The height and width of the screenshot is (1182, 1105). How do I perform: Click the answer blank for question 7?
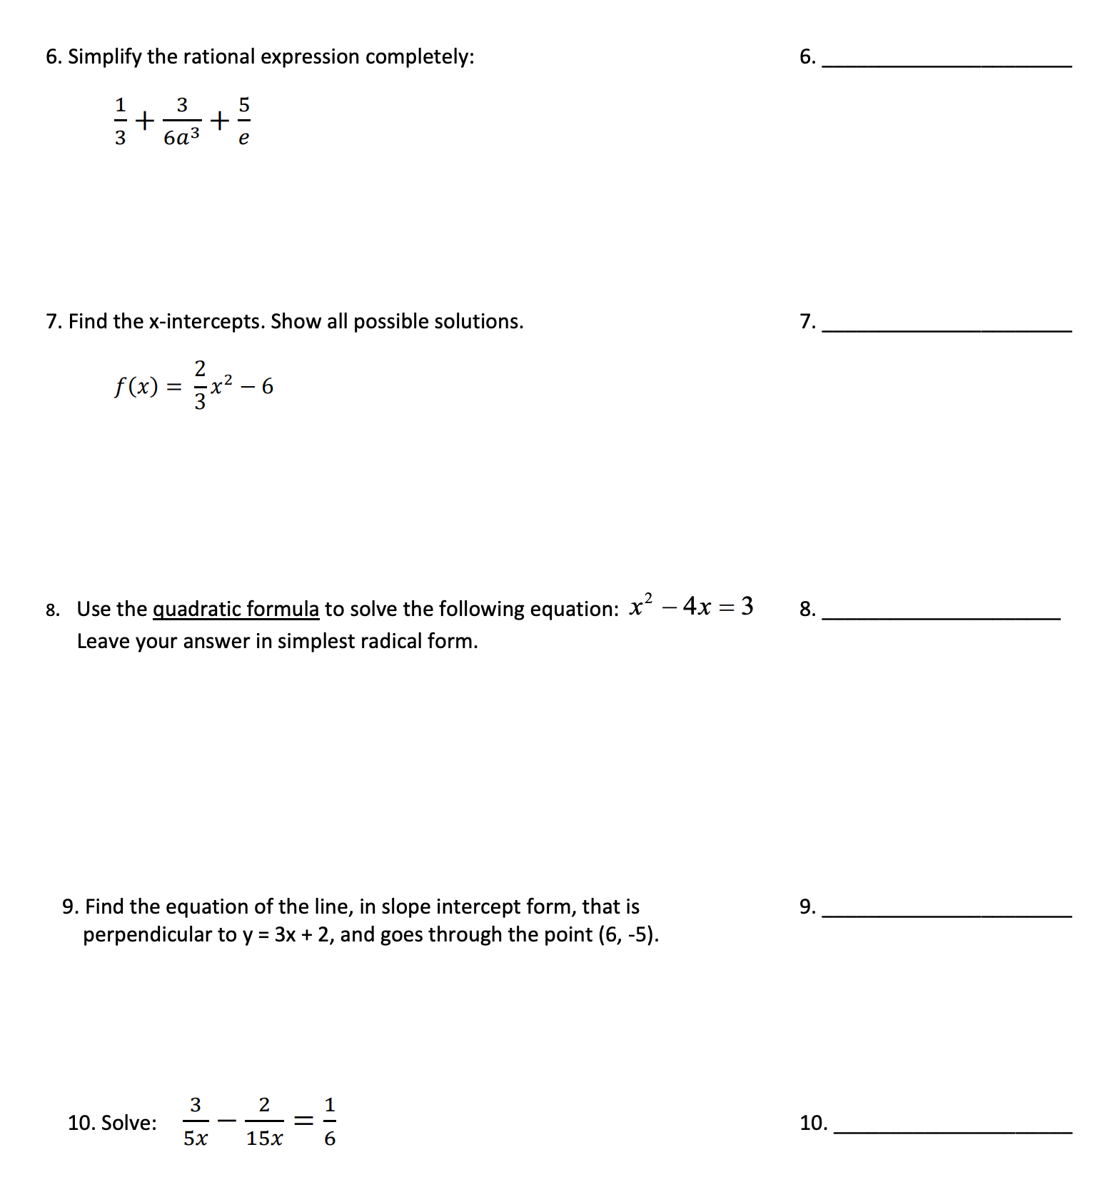(x=947, y=325)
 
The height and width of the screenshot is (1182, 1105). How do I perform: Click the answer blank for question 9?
(x=947, y=910)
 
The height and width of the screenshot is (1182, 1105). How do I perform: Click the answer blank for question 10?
(x=952, y=1126)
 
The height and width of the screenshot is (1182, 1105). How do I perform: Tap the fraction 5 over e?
(x=244, y=121)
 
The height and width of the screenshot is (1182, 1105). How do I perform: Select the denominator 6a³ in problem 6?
(x=181, y=137)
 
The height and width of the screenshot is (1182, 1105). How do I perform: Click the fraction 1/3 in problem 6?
(x=120, y=121)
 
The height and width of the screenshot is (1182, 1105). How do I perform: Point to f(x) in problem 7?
(x=136, y=387)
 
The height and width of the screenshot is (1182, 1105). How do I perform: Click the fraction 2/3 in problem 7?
(x=200, y=385)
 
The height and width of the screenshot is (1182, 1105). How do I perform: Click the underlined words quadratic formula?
(x=236, y=609)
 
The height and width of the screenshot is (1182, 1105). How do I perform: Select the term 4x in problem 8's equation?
(x=697, y=606)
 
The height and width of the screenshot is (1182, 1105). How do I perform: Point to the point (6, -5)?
(x=628, y=934)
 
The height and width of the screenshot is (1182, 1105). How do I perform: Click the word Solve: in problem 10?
(x=128, y=1123)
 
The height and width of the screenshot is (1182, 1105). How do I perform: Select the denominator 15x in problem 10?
(x=264, y=1138)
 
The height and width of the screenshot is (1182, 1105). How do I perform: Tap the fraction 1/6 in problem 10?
(x=330, y=1121)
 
